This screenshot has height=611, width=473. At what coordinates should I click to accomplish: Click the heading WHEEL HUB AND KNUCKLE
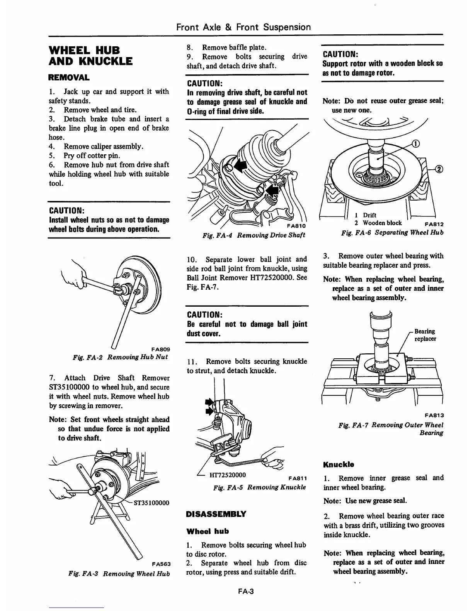click(x=90, y=56)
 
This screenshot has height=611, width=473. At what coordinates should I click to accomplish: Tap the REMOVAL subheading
click(x=69, y=77)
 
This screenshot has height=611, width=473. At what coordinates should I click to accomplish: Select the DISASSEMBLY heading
click(x=216, y=514)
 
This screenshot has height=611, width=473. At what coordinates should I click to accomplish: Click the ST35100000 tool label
click(x=151, y=503)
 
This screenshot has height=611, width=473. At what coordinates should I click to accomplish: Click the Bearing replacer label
click(x=425, y=335)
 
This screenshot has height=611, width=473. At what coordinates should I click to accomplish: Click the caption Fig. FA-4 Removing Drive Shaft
click(x=254, y=235)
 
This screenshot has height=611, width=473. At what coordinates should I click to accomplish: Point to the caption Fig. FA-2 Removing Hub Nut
click(x=120, y=357)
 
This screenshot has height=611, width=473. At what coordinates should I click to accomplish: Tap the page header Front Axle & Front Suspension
click(x=243, y=27)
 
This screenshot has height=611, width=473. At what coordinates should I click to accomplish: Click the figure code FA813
click(x=434, y=415)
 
